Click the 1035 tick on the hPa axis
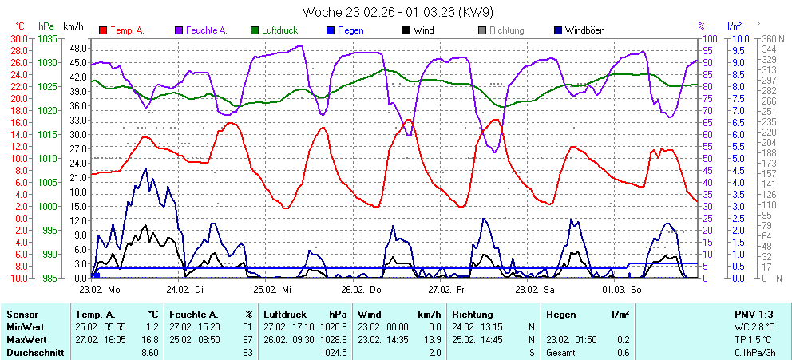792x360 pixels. (x=47, y=38)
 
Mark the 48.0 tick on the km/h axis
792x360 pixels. (x=77, y=48)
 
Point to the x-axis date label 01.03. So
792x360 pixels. (x=625, y=289)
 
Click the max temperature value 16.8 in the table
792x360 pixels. (x=149, y=339)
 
